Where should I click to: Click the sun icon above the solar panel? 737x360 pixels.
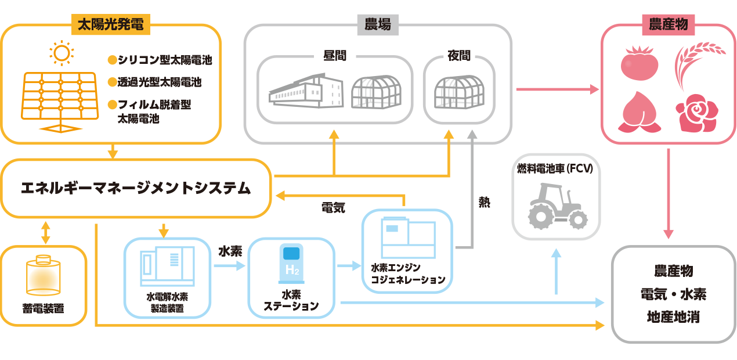tap(61, 53)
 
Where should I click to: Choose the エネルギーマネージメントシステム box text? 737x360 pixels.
tap(136, 188)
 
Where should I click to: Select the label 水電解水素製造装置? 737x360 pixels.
tap(167, 303)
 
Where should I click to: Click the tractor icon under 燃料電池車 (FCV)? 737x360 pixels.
tap(556, 206)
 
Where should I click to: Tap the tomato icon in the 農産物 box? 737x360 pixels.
tap(639, 62)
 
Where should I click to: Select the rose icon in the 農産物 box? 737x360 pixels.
tap(695, 113)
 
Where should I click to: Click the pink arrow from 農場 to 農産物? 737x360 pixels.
tap(557, 89)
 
